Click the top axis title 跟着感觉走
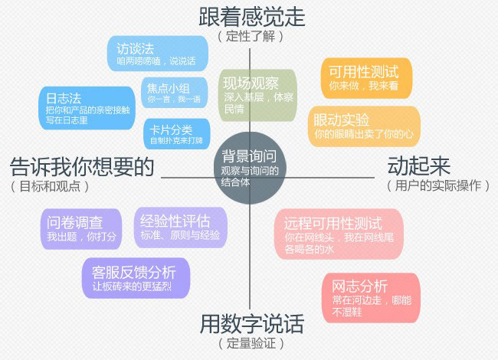click(252, 17)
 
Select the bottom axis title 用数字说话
click(252, 324)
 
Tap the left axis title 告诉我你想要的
click(82, 166)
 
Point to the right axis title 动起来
click(419, 165)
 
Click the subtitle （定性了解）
click(251, 36)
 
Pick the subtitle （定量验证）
click(251, 343)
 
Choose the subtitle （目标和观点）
click(50, 186)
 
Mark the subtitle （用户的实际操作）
click(438, 185)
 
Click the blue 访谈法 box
click(158, 54)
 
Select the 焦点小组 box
click(175, 93)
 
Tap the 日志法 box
click(87, 108)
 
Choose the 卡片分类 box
click(177, 134)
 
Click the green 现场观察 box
click(258, 96)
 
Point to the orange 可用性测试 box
click(366, 78)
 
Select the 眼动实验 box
click(364, 126)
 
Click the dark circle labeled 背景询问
click(250, 169)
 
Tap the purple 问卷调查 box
click(81, 229)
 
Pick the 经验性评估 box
click(181, 227)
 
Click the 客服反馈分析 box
click(136, 278)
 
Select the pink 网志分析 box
click(372, 298)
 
